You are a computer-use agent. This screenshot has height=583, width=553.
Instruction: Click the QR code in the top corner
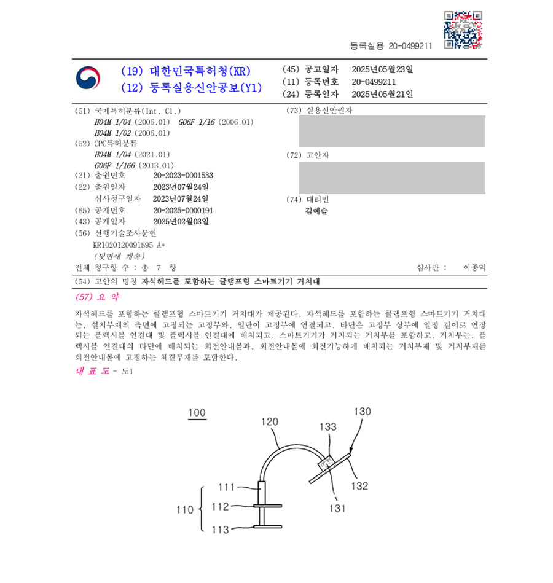pos(463,29)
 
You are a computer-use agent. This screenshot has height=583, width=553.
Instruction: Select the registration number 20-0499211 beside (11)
pos(374,82)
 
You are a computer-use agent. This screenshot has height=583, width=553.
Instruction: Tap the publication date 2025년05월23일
pos(382,69)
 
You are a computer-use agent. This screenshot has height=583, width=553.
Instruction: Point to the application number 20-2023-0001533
pos(183,175)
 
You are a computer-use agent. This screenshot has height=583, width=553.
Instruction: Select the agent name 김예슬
pos(316,211)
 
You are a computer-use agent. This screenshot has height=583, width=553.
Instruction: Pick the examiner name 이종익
pos(474,268)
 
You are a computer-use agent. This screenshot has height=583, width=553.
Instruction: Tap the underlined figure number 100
pos(197,413)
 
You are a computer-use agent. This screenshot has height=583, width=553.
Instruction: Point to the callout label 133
pos(327,426)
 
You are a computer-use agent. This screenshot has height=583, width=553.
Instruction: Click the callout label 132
pos(359,486)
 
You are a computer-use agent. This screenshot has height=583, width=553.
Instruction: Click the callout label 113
pos(221,530)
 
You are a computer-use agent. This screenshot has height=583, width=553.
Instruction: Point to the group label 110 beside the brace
pos(183,509)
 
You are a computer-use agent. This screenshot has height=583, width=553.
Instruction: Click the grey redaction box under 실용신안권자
pos(392,131)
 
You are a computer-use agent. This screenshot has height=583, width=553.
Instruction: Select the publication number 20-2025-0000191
pos(183,209)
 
